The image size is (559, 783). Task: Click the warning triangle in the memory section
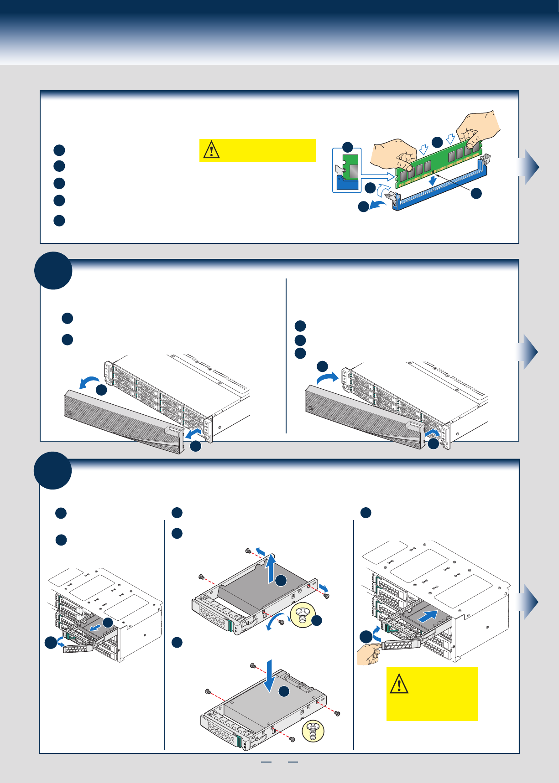click(x=211, y=149)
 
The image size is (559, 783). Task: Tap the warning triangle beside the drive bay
click(x=399, y=684)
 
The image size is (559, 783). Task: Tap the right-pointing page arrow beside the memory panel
click(x=529, y=167)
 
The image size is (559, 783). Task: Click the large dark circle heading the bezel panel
click(x=53, y=270)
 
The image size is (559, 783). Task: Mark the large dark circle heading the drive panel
click(x=53, y=470)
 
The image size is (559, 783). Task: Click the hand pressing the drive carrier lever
click(x=369, y=654)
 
